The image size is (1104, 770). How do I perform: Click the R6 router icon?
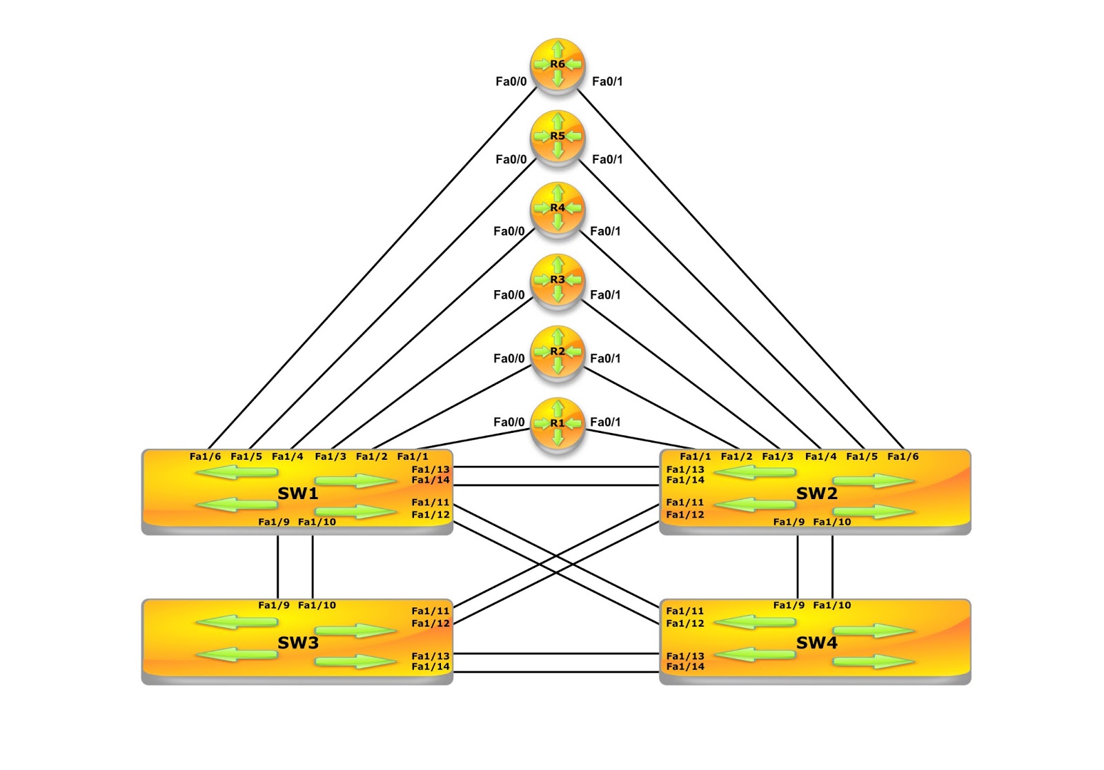(558, 65)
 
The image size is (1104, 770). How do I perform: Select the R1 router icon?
(558, 423)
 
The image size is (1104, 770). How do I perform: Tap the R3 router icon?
(558, 280)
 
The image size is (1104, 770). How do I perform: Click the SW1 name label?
(297, 494)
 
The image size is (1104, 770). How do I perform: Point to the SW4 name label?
(816, 643)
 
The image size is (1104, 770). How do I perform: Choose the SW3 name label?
(297, 643)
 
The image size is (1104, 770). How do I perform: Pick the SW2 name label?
(816, 494)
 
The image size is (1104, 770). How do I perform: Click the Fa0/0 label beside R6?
(511, 81)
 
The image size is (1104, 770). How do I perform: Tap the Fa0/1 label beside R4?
(605, 231)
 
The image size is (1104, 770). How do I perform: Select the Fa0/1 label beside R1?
(605, 422)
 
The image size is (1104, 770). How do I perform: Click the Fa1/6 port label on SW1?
(205, 456)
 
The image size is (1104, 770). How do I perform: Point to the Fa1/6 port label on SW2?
(903, 456)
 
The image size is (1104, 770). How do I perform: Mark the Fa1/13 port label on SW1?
(431, 469)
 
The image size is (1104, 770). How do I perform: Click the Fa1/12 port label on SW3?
(431, 623)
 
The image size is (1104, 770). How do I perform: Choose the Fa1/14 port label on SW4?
(685, 667)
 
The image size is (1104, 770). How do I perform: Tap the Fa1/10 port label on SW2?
(831, 522)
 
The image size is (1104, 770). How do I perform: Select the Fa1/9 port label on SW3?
(274, 605)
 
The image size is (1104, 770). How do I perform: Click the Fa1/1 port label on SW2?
(695, 456)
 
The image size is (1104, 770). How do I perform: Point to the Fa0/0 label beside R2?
(509, 358)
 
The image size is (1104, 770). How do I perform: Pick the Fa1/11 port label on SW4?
(685, 611)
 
